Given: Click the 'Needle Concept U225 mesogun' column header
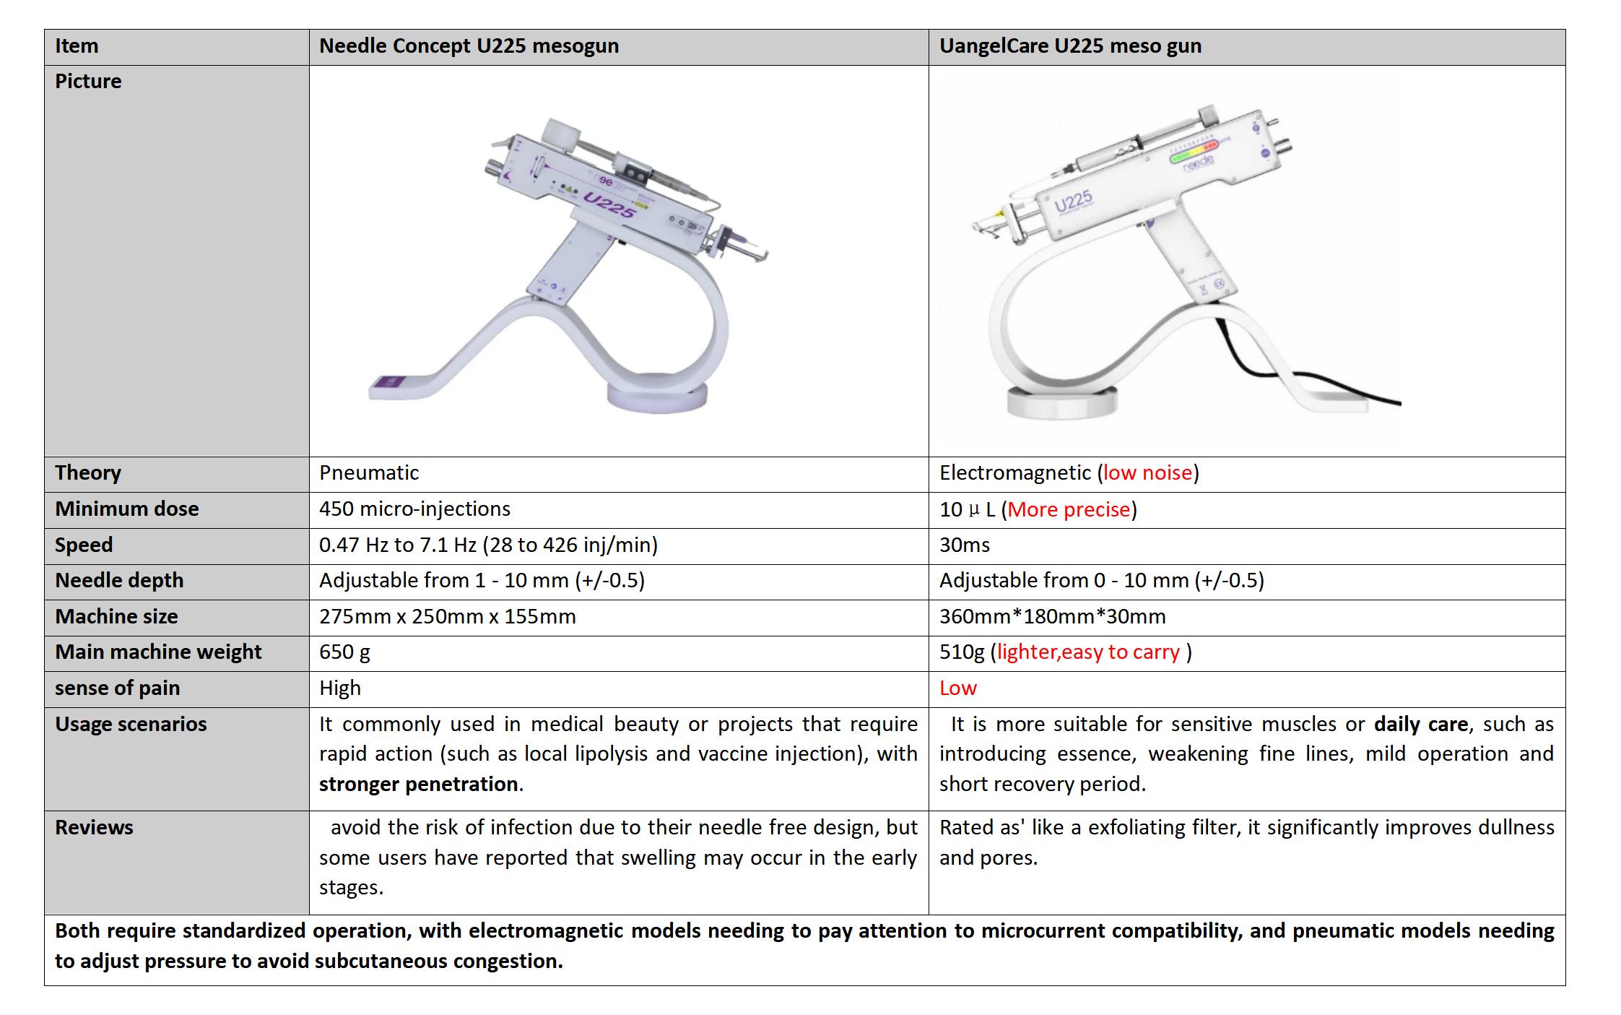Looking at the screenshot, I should coord(469,46).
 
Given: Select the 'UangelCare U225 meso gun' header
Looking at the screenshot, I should coord(1070,46).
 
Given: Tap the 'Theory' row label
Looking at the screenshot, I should coord(88,473).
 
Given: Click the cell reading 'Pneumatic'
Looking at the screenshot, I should coord(369,473).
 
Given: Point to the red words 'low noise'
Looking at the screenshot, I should coord(1147,473).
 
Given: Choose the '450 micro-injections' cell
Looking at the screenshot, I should coord(414,509).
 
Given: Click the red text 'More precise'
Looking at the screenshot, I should coord(1069,510).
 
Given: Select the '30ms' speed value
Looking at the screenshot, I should coord(965,545).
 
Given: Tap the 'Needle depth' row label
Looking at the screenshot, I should coord(119,581).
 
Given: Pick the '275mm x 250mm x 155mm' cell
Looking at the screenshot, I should coord(448,617).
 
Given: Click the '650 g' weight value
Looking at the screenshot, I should coord(344,652).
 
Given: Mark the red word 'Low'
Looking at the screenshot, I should coord(958,688).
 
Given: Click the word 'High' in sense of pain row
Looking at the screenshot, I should coord(340,688).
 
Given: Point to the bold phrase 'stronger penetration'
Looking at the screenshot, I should coord(419,785).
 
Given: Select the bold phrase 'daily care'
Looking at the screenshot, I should coord(1421,725).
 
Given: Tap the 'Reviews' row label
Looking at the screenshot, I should coord(94,828).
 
